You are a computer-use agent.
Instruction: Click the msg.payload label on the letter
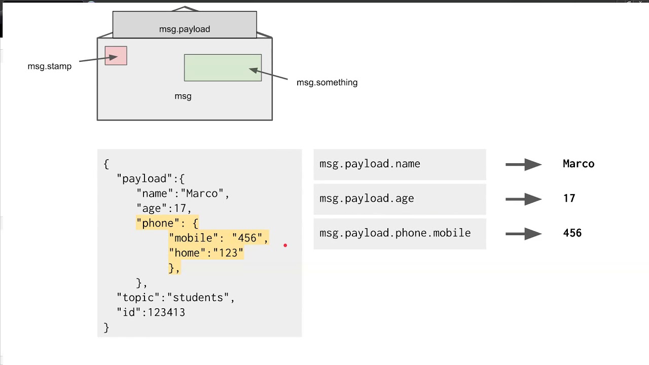185,29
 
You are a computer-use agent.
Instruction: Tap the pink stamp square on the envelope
116,56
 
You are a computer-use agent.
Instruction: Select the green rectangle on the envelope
223,68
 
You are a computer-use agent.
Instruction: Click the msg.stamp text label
50,66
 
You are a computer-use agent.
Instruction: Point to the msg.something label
327,83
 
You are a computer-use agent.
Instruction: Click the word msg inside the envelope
183,96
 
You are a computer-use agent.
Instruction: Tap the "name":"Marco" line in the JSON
183,194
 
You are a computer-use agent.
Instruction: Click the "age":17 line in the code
164,208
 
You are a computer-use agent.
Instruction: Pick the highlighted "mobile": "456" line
218,238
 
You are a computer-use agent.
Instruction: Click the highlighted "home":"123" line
206,253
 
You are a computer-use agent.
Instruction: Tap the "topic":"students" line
176,298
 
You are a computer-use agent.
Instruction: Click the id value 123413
166,313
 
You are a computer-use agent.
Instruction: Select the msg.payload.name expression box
400,164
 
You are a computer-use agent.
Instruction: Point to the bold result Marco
579,164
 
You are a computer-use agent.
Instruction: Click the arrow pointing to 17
523,199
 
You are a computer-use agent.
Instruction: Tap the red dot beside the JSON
285,245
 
